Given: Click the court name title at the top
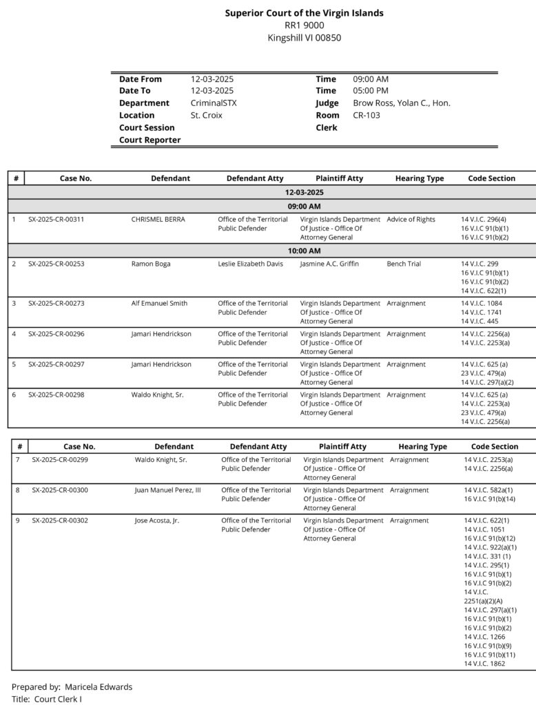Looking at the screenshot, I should click(x=304, y=13).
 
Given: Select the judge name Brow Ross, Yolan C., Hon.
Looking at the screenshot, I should click(x=402, y=103).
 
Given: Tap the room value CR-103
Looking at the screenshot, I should click(x=367, y=116).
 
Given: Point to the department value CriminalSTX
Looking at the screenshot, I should click(x=214, y=103).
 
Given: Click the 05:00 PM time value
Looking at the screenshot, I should click(x=371, y=91).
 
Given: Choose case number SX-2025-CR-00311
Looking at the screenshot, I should click(x=56, y=220).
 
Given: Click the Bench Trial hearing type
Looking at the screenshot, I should click(x=404, y=264).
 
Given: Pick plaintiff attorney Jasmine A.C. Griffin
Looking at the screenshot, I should click(x=329, y=264).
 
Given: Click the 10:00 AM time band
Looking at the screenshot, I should click(x=304, y=251).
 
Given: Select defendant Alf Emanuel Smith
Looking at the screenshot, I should click(x=159, y=304).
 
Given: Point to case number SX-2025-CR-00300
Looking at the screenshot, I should click(x=60, y=490).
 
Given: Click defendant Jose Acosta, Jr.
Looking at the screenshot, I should click(x=157, y=520).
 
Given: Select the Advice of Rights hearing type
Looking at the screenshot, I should click(x=411, y=220).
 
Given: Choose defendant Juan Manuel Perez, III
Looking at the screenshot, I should click(x=167, y=490).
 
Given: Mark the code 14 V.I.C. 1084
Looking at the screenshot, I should click(x=482, y=304).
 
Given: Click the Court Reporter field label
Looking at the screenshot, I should click(x=150, y=140).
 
